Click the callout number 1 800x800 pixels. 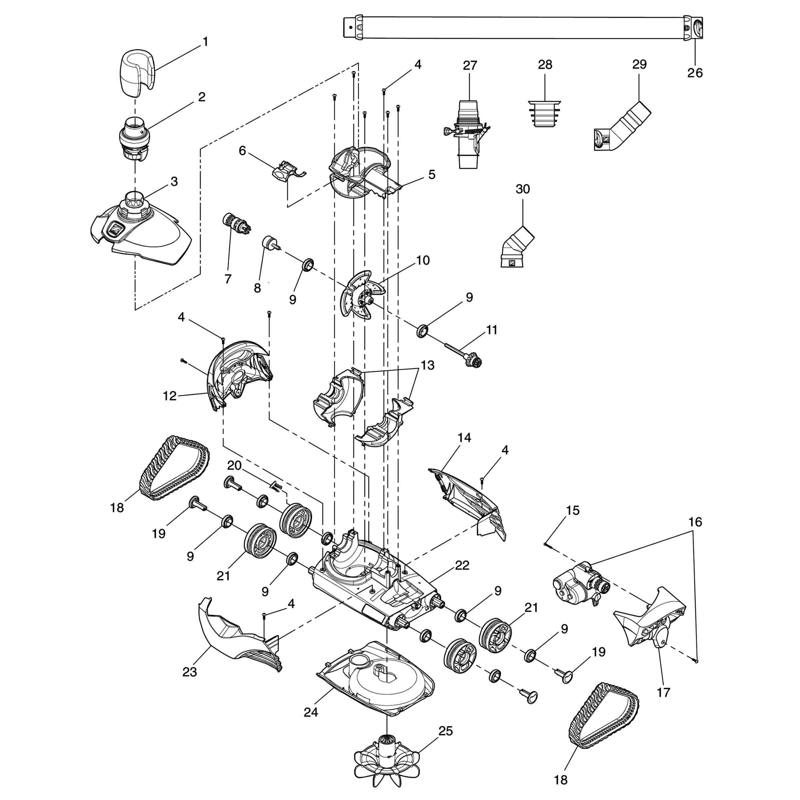[x=205, y=42]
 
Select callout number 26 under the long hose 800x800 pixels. [x=695, y=73]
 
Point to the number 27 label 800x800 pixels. [x=470, y=65]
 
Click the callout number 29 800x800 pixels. [x=639, y=65]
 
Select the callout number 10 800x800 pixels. [x=423, y=260]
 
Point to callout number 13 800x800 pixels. [x=428, y=365]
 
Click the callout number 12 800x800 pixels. [x=170, y=396]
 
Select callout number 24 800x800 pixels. [x=311, y=712]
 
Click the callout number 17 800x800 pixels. [x=663, y=692]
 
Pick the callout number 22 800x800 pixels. [x=462, y=565]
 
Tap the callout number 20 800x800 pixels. [x=234, y=465]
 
